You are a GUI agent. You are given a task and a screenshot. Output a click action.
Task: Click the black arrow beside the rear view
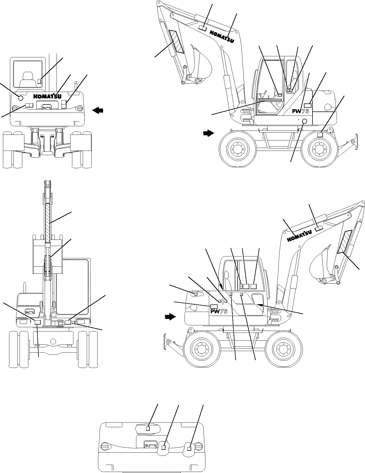[98, 110]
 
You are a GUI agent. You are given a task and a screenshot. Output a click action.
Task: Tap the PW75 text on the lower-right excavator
[219, 311]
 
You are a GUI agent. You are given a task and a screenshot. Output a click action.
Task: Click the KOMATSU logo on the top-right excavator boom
[221, 36]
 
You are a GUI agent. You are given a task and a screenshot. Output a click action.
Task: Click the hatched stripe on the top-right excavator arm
[176, 42]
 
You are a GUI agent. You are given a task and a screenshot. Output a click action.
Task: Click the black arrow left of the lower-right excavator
[170, 317]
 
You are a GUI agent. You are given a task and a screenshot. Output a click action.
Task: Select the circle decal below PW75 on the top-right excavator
[304, 121]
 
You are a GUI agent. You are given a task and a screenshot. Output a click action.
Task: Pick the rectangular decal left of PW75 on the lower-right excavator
[214, 306]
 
